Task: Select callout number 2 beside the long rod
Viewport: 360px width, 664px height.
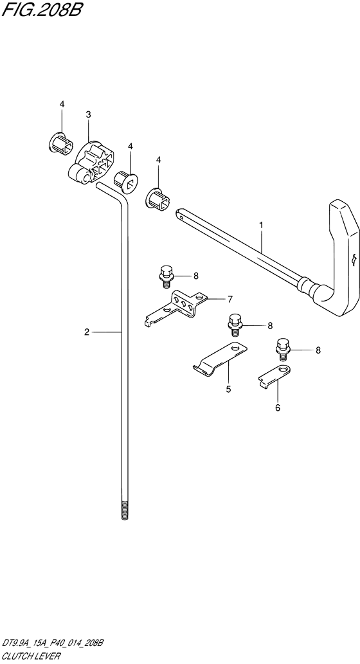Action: pyautogui.click(x=86, y=332)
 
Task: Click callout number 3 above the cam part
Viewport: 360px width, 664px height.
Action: pyautogui.click(x=88, y=114)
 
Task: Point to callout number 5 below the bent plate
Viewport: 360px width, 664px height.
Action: pyautogui.click(x=228, y=389)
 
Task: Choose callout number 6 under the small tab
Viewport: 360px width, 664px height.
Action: pyautogui.click(x=278, y=408)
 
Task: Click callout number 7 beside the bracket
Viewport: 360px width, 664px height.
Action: pyautogui.click(x=230, y=300)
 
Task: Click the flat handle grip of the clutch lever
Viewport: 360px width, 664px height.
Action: pyautogui.click(x=345, y=254)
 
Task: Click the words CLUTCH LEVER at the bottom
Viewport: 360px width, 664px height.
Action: pyautogui.click(x=30, y=656)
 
